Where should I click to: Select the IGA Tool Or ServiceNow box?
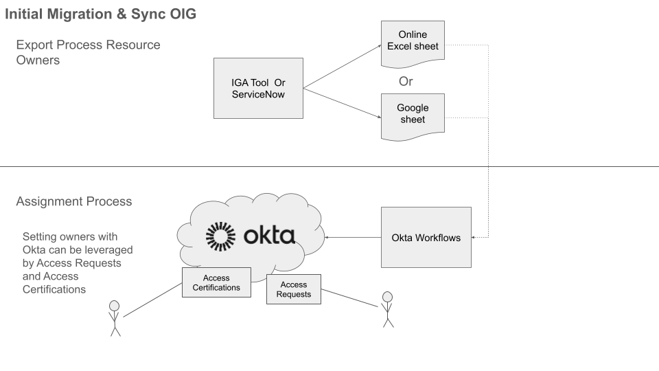pos(258,88)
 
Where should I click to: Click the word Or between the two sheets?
pos(406,81)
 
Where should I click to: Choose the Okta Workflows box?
pos(426,238)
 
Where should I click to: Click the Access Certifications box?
pos(216,282)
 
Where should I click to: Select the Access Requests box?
pos(293,290)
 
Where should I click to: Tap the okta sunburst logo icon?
pos(220,236)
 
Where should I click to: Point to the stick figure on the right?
pos(387,308)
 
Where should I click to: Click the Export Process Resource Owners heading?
pos(88,52)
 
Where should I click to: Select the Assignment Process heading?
pos(73,202)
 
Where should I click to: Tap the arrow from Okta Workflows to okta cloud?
pos(353,238)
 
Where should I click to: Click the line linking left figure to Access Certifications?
pos(152,300)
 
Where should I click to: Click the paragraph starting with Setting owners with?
pos(77,262)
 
